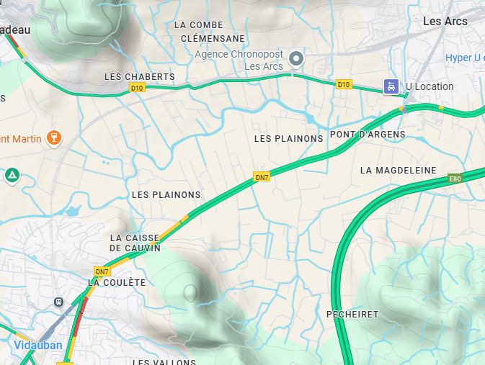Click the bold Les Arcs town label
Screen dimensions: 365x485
coord(445,22)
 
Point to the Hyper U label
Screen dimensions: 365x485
coord(465,58)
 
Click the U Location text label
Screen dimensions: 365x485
coord(430,86)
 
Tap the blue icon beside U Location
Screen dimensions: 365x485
coord(391,86)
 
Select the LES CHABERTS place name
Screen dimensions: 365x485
coord(140,77)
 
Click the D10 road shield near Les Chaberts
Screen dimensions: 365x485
coord(137,88)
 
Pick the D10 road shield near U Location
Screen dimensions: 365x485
coord(344,85)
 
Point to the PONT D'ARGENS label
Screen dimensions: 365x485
coord(368,135)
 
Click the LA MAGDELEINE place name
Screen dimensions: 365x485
coord(398,171)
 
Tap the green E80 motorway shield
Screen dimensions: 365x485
coord(454,179)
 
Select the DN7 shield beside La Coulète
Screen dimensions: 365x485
coord(102,271)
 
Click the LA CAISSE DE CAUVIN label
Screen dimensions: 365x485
coord(135,243)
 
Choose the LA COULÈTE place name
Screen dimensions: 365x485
coord(117,283)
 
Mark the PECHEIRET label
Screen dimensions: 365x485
coord(352,315)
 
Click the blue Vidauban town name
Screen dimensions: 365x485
coord(37,345)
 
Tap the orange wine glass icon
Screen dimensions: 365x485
coord(53,137)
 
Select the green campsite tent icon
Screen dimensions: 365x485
coord(12,175)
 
